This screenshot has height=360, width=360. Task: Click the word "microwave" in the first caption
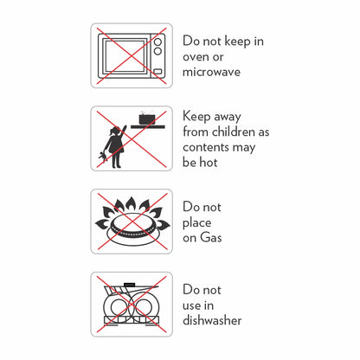point(211,72)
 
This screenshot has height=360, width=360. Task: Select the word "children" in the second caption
point(234,132)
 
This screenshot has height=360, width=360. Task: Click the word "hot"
point(209,162)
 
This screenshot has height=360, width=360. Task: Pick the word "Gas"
point(211,237)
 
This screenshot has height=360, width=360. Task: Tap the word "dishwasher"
point(212,320)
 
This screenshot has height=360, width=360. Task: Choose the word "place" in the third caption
point(196,223)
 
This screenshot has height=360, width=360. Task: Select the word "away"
point(228,117)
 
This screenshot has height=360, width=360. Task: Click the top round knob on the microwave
point(157,42)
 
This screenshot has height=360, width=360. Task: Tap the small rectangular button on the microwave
point(157,72)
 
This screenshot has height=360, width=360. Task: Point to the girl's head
point(115,132)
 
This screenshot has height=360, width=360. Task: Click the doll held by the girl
point(102,157)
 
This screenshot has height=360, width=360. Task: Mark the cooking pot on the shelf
point(147,119)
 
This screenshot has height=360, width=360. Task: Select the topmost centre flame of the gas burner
point(131,204)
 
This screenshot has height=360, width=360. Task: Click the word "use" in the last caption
point(190,305)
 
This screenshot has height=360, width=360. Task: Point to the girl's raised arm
point(123,132)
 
